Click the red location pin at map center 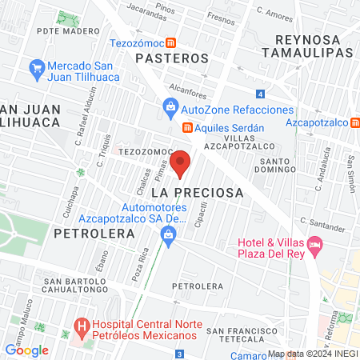180,163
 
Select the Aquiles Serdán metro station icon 188,128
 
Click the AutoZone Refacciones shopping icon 170,106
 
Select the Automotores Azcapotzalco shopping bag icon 168,234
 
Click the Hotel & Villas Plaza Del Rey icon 316,243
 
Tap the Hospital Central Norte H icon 81,326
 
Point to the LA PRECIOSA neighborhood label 197,193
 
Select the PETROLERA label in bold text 83,234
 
